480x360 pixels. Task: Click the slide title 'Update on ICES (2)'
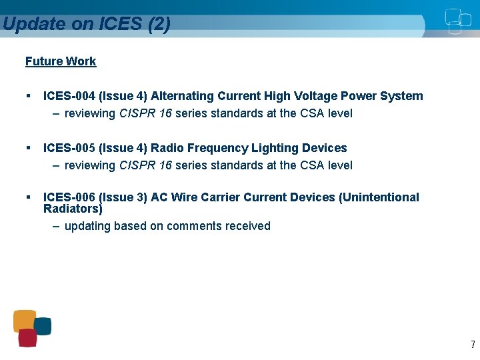[x=86, y=24]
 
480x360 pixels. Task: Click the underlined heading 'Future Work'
[x=61, y=61]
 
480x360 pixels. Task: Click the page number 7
[x=473, y=345]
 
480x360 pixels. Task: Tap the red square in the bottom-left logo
[x=27, y=338]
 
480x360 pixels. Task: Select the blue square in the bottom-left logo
[x=43, y=326]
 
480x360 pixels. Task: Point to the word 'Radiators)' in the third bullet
[x=73, y=209]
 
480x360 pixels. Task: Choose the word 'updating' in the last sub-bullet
[x=87, y=226]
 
